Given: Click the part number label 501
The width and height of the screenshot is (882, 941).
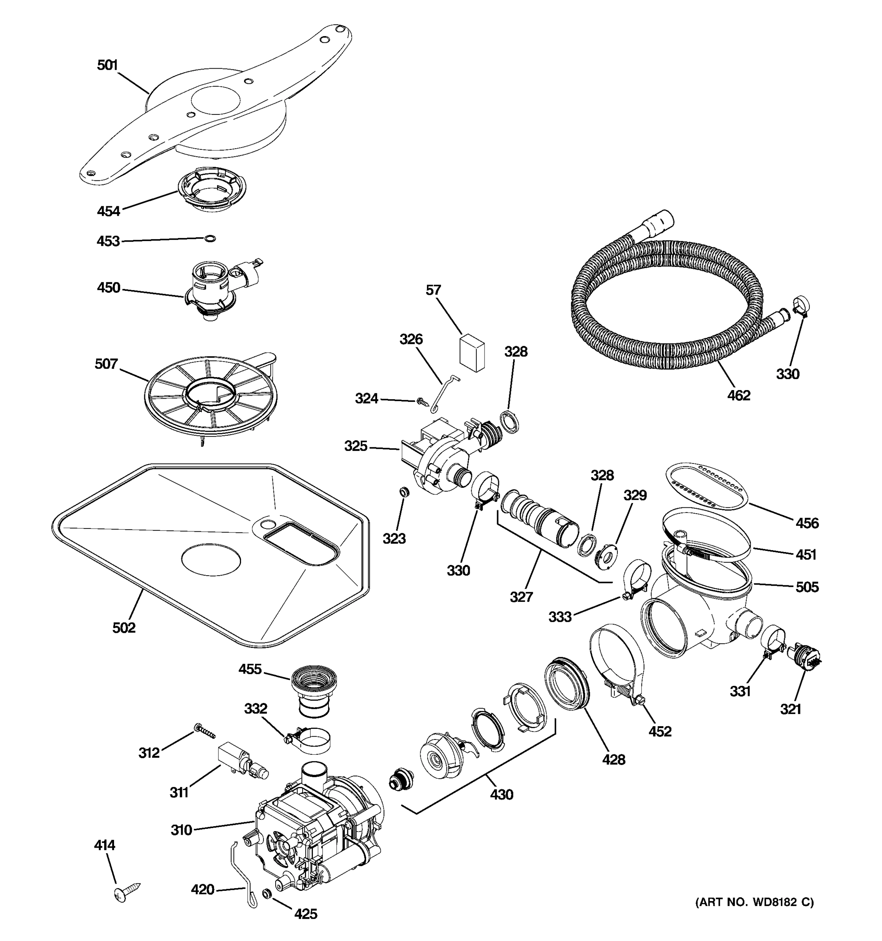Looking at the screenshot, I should tap(107, 65).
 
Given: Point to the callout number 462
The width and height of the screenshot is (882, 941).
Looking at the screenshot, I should tap(738, 395).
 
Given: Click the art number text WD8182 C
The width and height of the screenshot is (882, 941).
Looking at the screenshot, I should tap(754, 902).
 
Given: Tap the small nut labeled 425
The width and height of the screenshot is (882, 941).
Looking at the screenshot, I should tap(267, 893).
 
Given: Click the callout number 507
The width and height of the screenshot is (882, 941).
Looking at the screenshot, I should tap(106, 364).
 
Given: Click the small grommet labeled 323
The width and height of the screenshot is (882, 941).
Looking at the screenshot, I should tap(405, 493).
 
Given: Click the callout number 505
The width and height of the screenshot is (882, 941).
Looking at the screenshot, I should tap(807, 587).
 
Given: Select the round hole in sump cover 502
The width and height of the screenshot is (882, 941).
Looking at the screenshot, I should tap(211, 560).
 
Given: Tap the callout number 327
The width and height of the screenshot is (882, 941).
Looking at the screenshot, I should tap(521, 597).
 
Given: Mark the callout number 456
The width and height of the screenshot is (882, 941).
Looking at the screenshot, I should tap(807, 523).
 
